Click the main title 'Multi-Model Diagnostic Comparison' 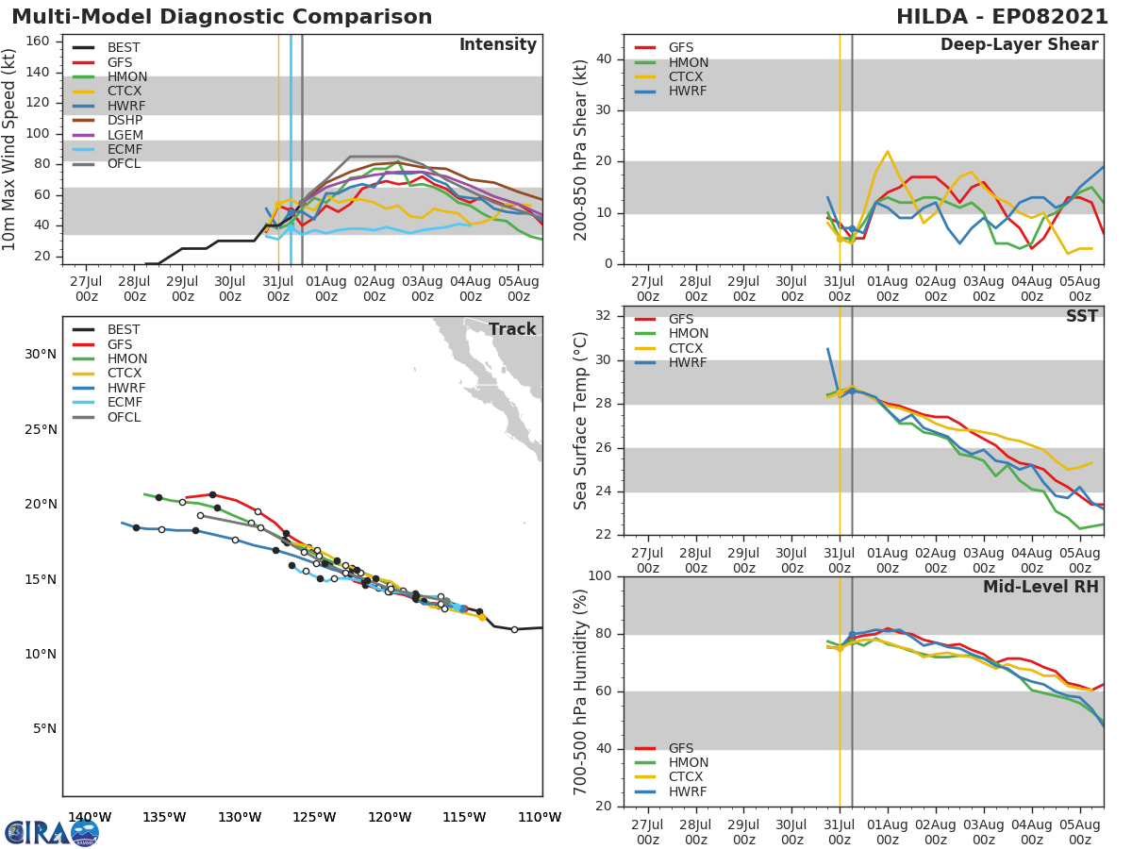(222, 17)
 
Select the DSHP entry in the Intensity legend (125, 120)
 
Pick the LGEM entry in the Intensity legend (125, 135)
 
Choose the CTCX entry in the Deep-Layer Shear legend (688, 77)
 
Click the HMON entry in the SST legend (688, 334)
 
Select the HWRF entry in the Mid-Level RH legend (688, 791)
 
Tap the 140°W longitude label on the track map (90, 817)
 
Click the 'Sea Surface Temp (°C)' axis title (581, 420)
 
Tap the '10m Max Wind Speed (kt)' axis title (10, 149)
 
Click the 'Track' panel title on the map (512, 329)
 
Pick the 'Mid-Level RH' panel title (1040, 587)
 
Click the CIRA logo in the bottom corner (52, 832)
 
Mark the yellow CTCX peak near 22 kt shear (887, 151)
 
